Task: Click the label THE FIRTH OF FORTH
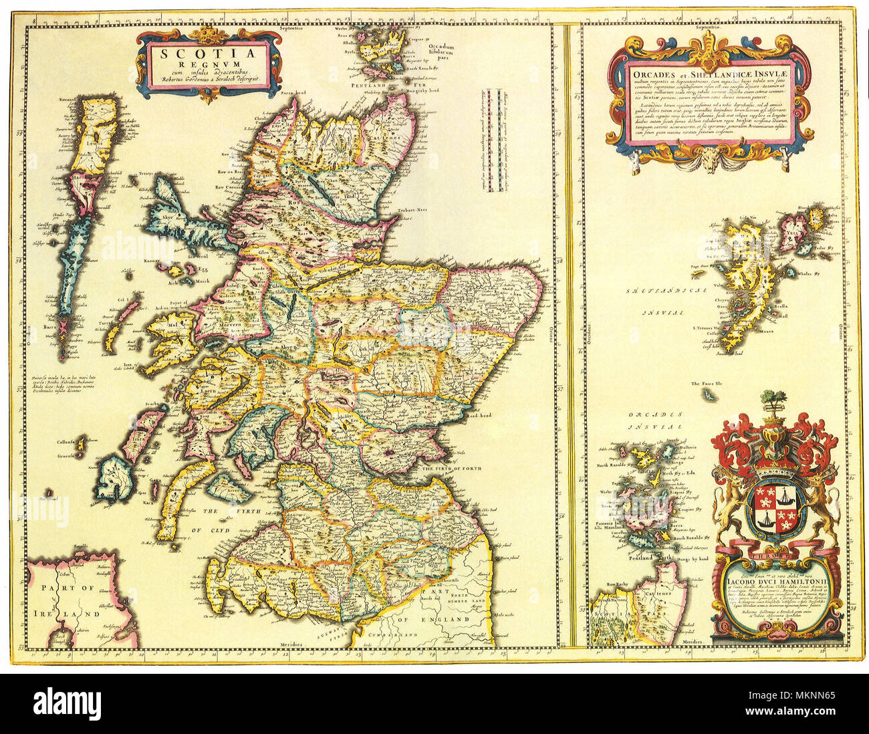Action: (x=447, y=468)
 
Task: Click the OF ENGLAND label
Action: (x=447, y=620)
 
